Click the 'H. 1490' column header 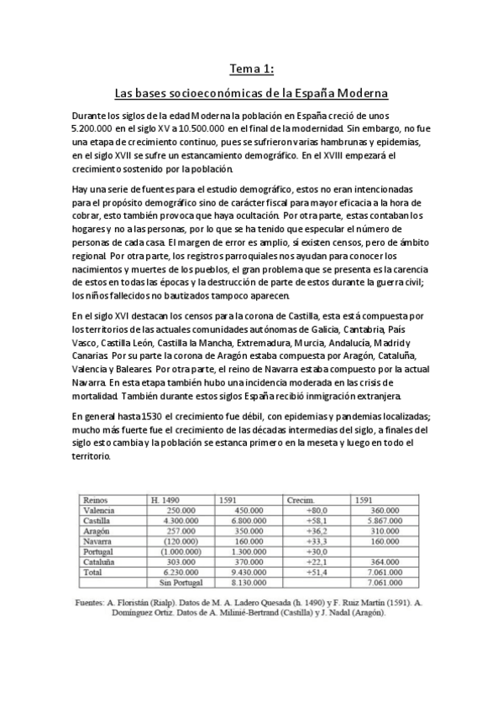click(x=165, y=500)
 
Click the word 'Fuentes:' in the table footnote click(x=92, y=601)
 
